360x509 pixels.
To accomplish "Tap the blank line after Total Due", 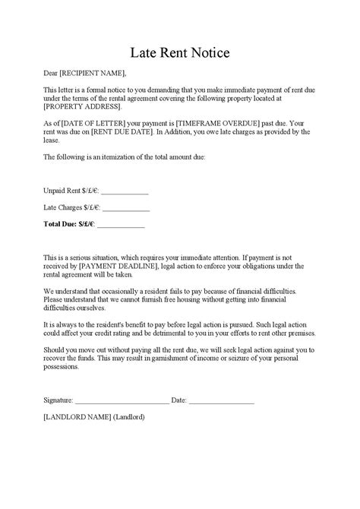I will [x=121, y=225].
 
